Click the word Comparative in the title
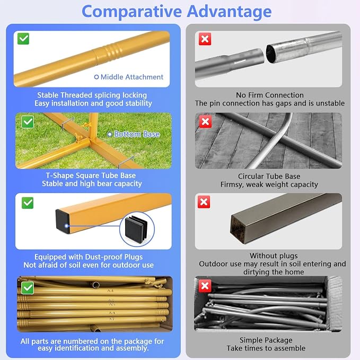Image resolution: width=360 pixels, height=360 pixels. (131, 12)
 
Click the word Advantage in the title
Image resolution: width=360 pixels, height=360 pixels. (229, 12)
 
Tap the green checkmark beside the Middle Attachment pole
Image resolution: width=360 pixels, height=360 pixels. (23, 39)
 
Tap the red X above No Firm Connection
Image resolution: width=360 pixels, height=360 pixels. (205, 39)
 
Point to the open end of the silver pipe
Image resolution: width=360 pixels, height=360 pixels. (271, 54)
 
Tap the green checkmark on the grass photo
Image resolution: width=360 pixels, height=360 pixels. (28, 122)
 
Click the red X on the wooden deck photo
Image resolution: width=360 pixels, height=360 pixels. (205, 122)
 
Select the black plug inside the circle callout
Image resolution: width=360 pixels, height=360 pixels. (136, 229)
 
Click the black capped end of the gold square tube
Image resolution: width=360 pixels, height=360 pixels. (63, 221)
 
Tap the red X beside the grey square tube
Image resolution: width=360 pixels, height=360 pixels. (204, 202)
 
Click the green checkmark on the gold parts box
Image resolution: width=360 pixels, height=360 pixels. (28, 288)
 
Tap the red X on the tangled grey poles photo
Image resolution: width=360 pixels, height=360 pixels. (205, 286)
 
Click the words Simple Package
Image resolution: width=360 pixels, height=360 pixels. (266, 340)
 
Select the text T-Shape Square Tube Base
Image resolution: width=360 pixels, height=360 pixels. (91, 175)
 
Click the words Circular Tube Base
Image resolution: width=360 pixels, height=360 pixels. (269, 176)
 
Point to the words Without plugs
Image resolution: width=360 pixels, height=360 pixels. (274, 256)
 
